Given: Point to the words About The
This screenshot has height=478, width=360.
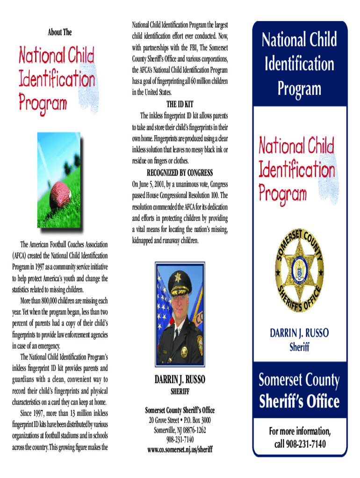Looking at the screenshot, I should point(60,32).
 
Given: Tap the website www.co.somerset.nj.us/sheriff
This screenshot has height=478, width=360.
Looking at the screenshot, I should point(180,450).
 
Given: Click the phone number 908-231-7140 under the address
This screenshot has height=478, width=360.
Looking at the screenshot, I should point(180,440).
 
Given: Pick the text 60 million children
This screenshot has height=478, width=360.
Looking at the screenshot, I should point(203,81).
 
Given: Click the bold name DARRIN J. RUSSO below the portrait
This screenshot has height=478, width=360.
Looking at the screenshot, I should point(180,380).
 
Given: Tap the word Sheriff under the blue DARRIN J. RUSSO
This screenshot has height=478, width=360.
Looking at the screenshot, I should point(299,347).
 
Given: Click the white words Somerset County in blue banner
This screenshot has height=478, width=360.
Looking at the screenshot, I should point(299,380).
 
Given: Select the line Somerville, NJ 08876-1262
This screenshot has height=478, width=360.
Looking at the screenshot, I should point(180,430).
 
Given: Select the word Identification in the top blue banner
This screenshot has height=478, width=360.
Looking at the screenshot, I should point(299,63).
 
